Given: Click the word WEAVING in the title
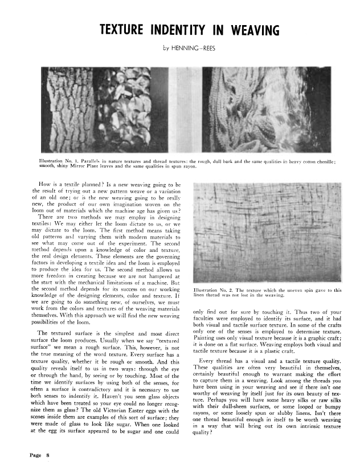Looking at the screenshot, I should (x=238, y=30).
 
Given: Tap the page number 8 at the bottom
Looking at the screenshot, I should (x=49, y=455).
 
